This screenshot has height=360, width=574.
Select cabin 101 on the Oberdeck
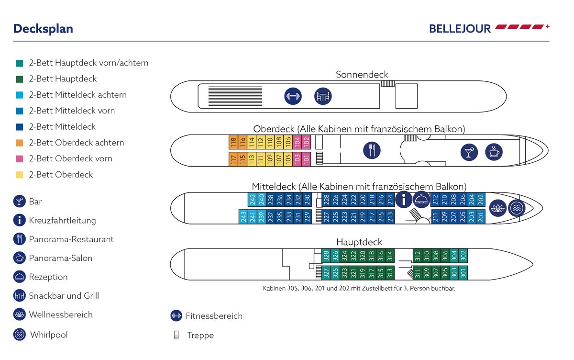click(x=307, y=159)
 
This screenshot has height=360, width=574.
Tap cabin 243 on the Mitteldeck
click(x=243, y=217)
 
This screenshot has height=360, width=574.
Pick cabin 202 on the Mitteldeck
click(x=481, y=199)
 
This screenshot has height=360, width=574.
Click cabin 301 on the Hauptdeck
click(x=463, y=273)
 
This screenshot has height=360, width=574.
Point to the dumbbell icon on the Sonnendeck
click(x=292, y=96)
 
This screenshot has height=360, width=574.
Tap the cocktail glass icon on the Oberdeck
click(x=469, y=151)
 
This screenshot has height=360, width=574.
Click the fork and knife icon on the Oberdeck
click(x=372, y=151)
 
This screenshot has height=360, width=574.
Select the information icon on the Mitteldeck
click(x=404, y=199)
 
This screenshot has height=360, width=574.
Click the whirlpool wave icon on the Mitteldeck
click(x=516, y=208)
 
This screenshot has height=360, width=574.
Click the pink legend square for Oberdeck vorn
click(x=19, y=158)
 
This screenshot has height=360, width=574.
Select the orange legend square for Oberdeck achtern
click(x=19, y=143)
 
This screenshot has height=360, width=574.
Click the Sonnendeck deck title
click(x=362, y=75)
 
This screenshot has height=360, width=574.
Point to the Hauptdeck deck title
click(x=359, y=242)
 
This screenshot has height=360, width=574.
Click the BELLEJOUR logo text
click(x=460, y=29)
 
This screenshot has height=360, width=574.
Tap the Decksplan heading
click(x=43, y=29)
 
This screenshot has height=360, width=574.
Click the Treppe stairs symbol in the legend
click(x=177, y=335)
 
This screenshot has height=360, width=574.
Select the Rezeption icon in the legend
click(x=19, y=277)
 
